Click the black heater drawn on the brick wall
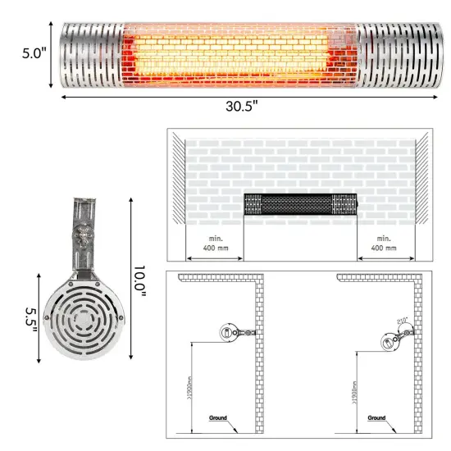click(300, 203)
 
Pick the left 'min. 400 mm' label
click(216, 243)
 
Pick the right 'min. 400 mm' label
click(384, 243)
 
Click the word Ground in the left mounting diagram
click(217, 417)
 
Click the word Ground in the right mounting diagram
click(376, 417)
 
